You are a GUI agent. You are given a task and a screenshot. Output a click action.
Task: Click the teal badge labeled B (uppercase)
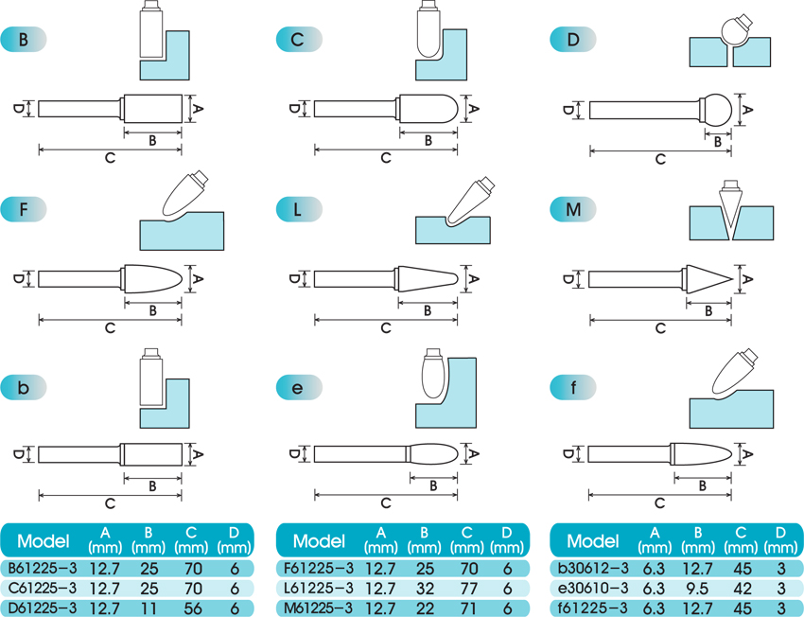pos(24,40)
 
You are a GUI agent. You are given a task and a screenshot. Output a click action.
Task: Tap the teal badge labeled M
pos(573,209)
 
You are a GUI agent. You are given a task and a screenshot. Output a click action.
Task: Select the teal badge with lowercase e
pos(299,388)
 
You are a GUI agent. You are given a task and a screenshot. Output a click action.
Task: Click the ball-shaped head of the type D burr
pos(716,109)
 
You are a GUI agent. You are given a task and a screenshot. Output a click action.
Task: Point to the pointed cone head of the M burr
pos(708,279)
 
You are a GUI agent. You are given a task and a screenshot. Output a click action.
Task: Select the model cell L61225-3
pos(319,588)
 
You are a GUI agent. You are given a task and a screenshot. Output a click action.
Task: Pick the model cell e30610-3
pos(593,588)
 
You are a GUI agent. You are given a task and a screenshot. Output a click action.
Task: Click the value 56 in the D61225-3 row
pos(192,608)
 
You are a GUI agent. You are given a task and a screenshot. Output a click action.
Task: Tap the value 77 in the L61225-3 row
pos(467,589)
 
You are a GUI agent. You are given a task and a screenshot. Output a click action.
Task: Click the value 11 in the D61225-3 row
pos(149,608)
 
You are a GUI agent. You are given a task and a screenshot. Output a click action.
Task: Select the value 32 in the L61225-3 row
pos(425,589)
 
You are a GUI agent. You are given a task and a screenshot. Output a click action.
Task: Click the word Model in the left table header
pos(44,540)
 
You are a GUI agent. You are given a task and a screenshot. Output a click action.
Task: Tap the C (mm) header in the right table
pos(741,540)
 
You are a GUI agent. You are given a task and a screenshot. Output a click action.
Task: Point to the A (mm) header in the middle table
pos(380,540)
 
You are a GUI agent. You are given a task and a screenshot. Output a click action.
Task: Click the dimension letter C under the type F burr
pos(111,328)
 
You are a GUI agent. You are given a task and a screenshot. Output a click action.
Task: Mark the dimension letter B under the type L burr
pos(428,310)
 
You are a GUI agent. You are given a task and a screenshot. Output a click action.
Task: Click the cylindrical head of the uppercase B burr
pos(153,109)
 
